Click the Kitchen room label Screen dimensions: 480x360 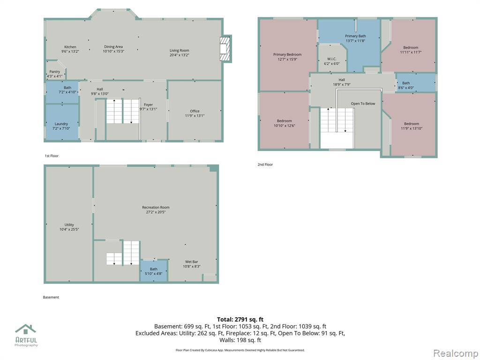click(70, 47)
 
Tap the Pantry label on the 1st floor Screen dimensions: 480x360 click(55, 72)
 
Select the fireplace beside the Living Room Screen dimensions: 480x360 click(225, 49)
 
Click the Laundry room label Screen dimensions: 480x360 click(61, 124)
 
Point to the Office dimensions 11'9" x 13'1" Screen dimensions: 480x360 click(195, 116)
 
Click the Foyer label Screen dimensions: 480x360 click(149, 105)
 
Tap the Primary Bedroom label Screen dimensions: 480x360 click(287, 54)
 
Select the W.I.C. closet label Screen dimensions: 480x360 click(332, 59)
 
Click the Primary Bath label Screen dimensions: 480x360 click(355, 36)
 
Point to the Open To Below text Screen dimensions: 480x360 click(363, 104)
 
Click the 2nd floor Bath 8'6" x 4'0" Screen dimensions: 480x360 click(406, 85)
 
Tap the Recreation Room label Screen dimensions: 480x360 click(156, 207)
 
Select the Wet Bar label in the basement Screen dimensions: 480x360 click(192, 262)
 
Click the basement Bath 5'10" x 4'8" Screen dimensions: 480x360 click(154, 271)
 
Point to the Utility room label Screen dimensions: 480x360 click(69, 225)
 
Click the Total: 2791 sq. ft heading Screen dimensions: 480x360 click(240, 320)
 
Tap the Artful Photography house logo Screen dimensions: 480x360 click(26, 329)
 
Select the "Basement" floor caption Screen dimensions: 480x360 click(51, 297)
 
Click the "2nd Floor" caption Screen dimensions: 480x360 click(265, 165)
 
